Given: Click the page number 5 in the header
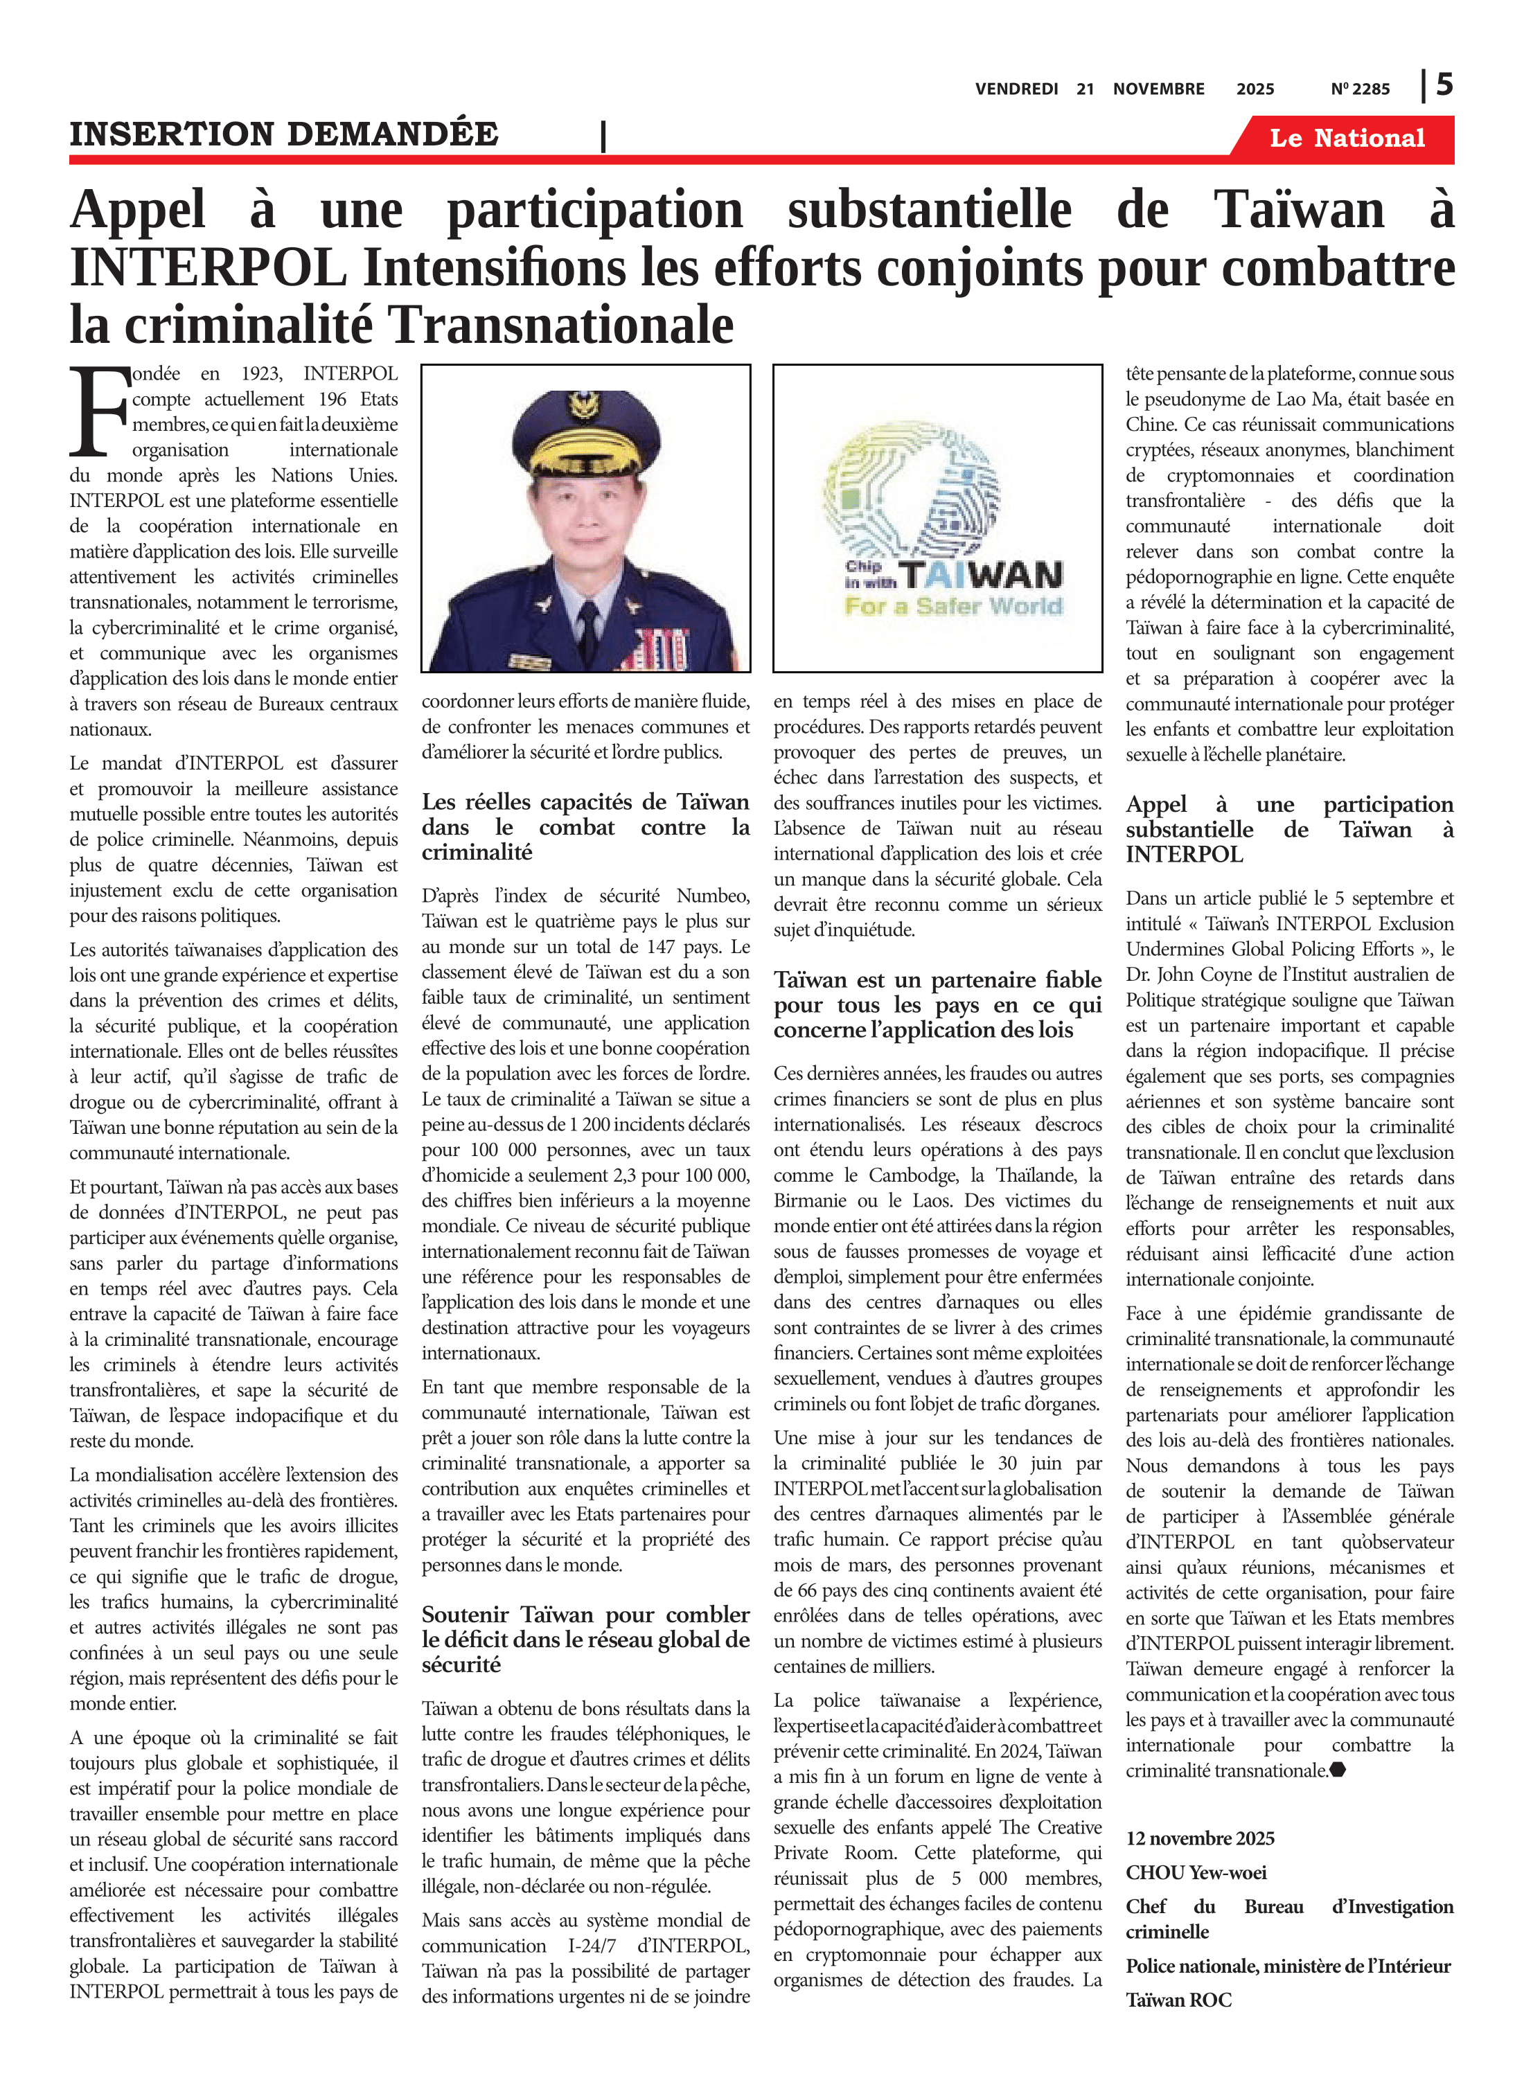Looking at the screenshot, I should (1444, 85).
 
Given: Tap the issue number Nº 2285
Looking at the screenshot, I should (1360, 89).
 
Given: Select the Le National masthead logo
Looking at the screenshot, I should (1347, 139).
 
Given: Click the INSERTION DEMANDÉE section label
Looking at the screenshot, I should (284, 134).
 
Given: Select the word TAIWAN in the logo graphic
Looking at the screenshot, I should (982, 576).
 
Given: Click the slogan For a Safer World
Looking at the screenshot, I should (954, 607).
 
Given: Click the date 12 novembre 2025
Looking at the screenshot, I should (1200, 1838).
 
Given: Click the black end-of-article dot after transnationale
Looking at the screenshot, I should (1338, 1770).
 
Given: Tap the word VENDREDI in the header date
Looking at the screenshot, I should (1017, 89).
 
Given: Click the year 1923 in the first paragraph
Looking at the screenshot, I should (261, 373).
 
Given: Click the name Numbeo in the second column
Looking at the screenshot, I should (712, 896).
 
